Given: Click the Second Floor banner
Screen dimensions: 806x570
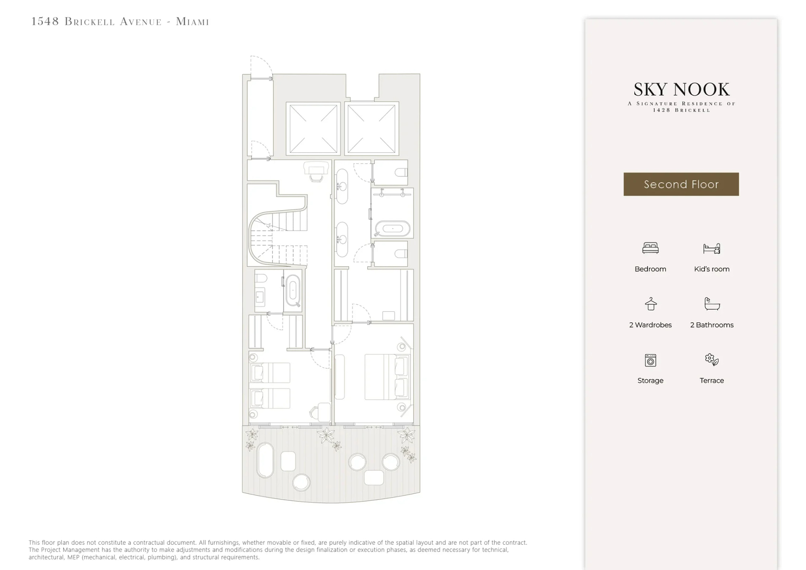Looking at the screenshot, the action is [x=681, y=184].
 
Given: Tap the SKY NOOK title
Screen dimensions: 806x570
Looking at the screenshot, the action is [x=681, y=89].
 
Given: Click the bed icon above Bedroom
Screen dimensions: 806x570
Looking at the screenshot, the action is [x=650, y=248].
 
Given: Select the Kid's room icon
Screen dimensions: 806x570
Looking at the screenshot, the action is [x=712, y=248].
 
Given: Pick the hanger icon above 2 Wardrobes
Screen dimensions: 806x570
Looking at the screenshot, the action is [x=651, y=304].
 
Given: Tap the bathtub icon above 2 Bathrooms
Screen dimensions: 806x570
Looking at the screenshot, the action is [x=712, y=304].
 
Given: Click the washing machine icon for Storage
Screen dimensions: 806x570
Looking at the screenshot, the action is [x=650, y=360].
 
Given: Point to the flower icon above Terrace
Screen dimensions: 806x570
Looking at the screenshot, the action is [x=712, y=359].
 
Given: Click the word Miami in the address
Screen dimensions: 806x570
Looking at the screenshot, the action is [x=192, y=21].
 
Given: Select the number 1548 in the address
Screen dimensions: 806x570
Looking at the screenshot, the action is [x=45, y=21].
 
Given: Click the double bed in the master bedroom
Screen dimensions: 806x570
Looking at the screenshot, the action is [x=387, y=377].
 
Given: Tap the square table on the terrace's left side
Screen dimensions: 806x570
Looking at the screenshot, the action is [x=288, y=461].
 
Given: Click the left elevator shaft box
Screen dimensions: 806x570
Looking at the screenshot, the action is [x=313, y=129].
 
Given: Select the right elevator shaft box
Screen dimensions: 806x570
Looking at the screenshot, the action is [x=372, y=129].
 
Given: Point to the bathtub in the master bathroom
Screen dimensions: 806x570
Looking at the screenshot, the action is [x=393, y=229].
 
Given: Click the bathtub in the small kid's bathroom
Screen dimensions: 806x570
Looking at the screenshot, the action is [x=293, y=290].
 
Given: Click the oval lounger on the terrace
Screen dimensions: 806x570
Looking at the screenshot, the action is [x=265, y=460].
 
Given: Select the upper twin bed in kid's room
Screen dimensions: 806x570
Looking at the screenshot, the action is [x=270, y=373].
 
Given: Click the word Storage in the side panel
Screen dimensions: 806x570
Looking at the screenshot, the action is [x=650, y=380].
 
